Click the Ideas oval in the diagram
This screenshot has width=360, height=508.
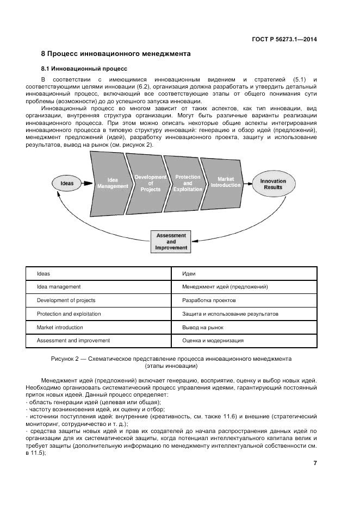pos(66,183)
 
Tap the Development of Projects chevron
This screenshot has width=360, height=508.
pos(150,183)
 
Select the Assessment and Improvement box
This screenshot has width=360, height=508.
pos(171,242)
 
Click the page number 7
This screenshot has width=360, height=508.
pos(315,463)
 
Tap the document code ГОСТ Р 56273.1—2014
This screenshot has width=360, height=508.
pos(284,39)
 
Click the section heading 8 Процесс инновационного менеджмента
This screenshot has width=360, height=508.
pos(116,54)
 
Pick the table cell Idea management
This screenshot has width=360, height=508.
pos(59,286)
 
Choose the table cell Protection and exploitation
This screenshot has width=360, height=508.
pos(69,313)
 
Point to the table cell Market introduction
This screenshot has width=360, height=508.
pos(60,327)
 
